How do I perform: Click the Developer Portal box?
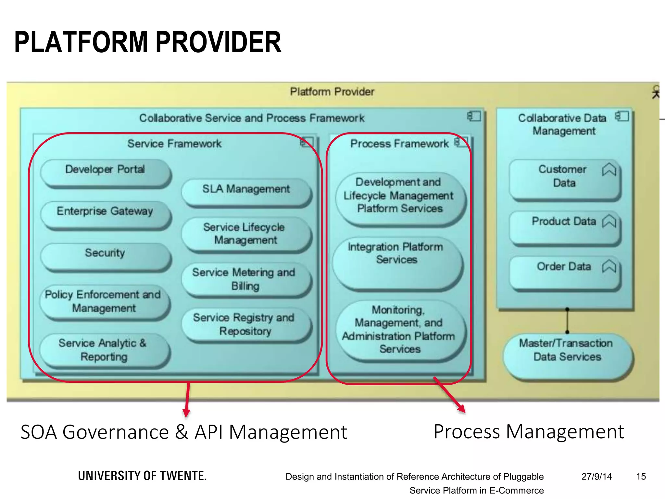coord(106,173)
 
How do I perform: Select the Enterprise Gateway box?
coord(106,214)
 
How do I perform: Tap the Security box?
coord(106,256)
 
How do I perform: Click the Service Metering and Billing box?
coord(246,279)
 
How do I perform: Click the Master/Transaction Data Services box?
coord(567,354)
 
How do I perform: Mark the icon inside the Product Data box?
coord(609,222)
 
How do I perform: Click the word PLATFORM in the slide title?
coord(81,42)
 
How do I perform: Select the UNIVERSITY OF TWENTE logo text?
coord(142,476)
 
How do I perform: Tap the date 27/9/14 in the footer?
coord(596,477)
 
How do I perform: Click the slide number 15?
coord(641,477)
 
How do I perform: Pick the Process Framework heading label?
coord(399,144)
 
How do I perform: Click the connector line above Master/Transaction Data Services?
coord(567,321)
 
